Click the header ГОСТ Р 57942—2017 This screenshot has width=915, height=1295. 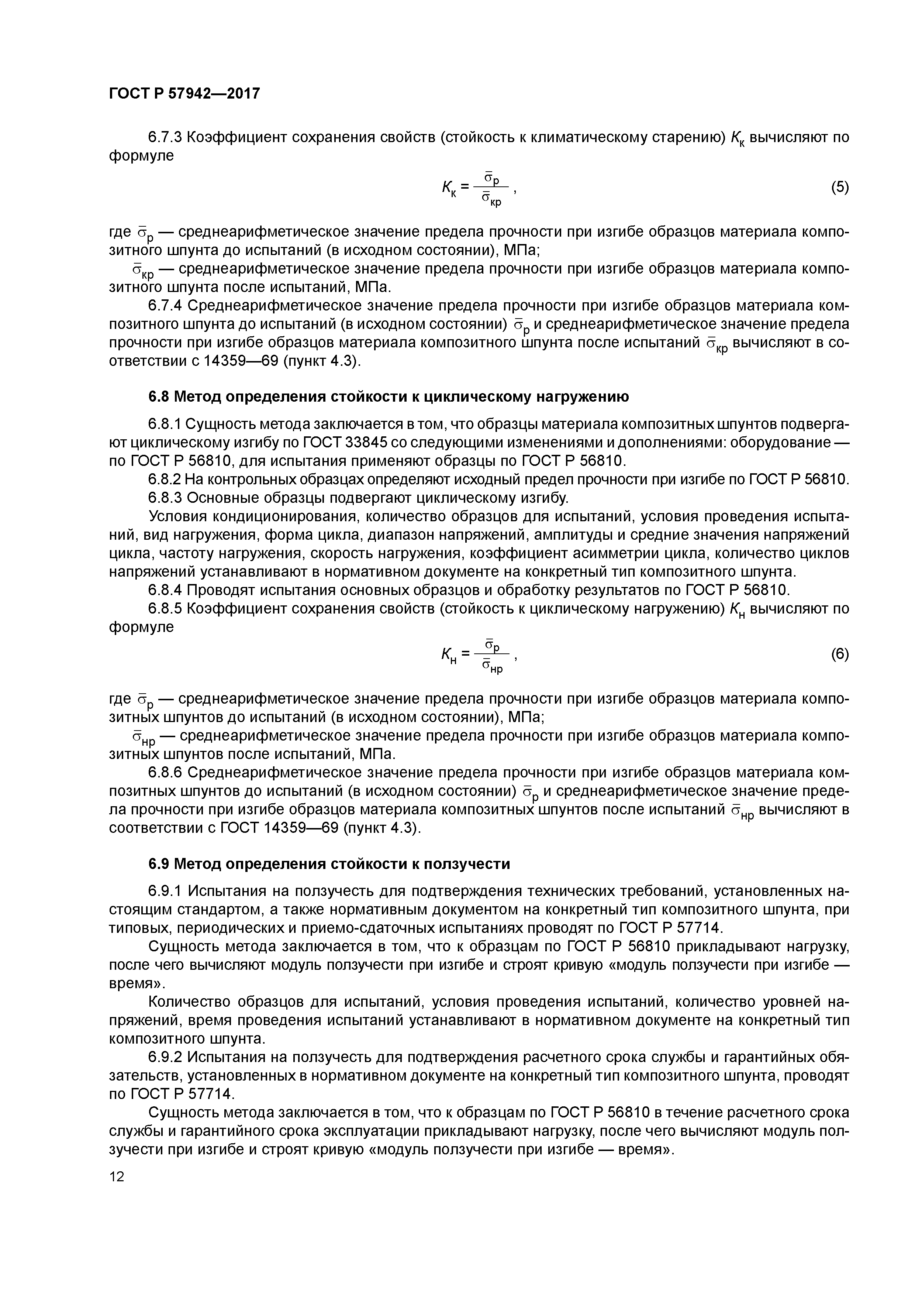click(184, 93)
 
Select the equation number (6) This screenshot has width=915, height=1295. click(839, 654)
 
